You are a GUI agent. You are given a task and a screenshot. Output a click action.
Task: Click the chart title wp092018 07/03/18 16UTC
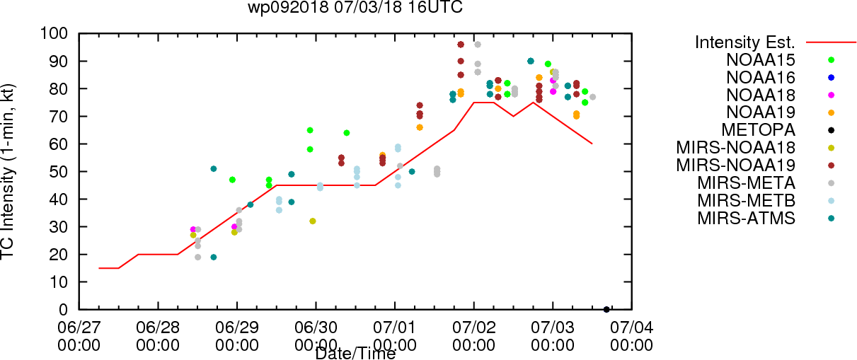pos(355,7)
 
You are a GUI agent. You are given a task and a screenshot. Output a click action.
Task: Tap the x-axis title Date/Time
pos(355,354)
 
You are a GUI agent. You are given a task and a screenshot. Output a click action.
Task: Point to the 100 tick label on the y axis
pos(54,34)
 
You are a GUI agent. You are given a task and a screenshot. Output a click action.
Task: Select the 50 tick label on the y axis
pos(59,172)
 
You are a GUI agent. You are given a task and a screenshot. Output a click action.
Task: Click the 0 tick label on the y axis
pos(63,310)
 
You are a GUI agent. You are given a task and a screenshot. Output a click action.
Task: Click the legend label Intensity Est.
pos(745,42)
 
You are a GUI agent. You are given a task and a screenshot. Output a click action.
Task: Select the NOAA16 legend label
pos(761,78)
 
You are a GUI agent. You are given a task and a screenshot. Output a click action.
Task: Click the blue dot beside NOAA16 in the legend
pos(831,78)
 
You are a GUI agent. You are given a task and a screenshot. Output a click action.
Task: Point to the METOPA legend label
pos(759,130)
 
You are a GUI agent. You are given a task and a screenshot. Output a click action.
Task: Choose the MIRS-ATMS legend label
pos(746,219)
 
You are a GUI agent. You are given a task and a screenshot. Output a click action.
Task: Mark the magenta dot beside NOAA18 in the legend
pos(831,95)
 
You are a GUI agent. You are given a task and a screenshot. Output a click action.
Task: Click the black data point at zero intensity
pos(606,310)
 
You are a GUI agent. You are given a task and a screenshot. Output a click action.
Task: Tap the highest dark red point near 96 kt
pos(461,45)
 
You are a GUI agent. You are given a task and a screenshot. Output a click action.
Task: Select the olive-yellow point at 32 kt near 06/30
pos(313,221)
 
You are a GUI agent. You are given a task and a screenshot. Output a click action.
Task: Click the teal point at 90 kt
pos(531,61)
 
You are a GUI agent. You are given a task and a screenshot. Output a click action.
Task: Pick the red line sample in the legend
pos(831,42)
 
